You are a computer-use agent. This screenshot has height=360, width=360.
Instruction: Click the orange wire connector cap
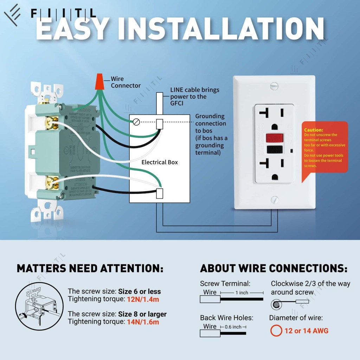[x=99, y=82]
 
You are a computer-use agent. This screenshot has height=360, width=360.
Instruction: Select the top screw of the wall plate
[x=274, y=85]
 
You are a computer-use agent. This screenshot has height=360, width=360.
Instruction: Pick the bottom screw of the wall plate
[x=274, y=200]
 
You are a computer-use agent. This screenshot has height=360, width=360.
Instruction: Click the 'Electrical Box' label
[x=160, y=162]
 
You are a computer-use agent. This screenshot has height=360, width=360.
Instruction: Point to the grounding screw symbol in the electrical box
[x=136, y=122]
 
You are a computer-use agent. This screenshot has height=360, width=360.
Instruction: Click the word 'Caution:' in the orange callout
[x=314, y=130]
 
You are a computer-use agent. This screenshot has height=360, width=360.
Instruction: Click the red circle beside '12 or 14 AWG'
[x=276, y=330]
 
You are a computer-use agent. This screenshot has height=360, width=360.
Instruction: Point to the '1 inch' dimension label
[x=242, y=292]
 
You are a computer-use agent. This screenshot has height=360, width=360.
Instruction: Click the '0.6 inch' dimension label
[x=233, y=327]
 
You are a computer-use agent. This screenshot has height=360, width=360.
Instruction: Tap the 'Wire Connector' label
[x=126, y=82]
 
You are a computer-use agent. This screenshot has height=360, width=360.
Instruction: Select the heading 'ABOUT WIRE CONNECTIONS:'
[x=274, y=269]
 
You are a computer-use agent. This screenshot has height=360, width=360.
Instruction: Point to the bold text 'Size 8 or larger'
[x=142, y=314]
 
